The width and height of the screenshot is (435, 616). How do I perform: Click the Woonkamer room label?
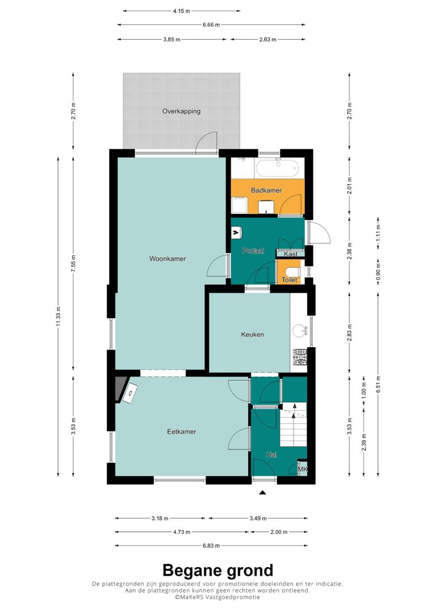click(168, 259)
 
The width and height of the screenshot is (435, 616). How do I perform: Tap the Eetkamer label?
click(182, 431)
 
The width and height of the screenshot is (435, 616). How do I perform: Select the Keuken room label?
click(252, 334)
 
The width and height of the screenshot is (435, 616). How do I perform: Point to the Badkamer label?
click(266, 190)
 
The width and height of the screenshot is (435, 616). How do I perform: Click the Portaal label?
click(253, 251)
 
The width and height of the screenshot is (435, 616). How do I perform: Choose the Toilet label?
click(289, 280)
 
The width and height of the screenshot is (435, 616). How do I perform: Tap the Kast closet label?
click(290, 254)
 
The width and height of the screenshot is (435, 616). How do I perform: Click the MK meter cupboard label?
click(302, 469)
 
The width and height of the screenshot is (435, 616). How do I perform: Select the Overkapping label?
click(181, 111)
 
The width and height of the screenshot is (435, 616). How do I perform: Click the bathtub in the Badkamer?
click(278, 168)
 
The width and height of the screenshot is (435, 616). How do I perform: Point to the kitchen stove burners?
click(300, 357)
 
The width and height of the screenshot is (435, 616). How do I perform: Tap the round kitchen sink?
click(300, 330)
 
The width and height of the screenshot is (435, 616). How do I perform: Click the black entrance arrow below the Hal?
click(262, 492)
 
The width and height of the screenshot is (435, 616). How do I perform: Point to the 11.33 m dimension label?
click(58, 317)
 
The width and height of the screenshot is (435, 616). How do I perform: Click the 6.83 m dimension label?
click(212, 545)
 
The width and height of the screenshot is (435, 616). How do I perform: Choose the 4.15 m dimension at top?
click(181, 11)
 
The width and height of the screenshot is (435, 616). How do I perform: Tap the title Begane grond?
click(217, 570)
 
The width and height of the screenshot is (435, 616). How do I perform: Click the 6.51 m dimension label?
click(378, 384)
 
